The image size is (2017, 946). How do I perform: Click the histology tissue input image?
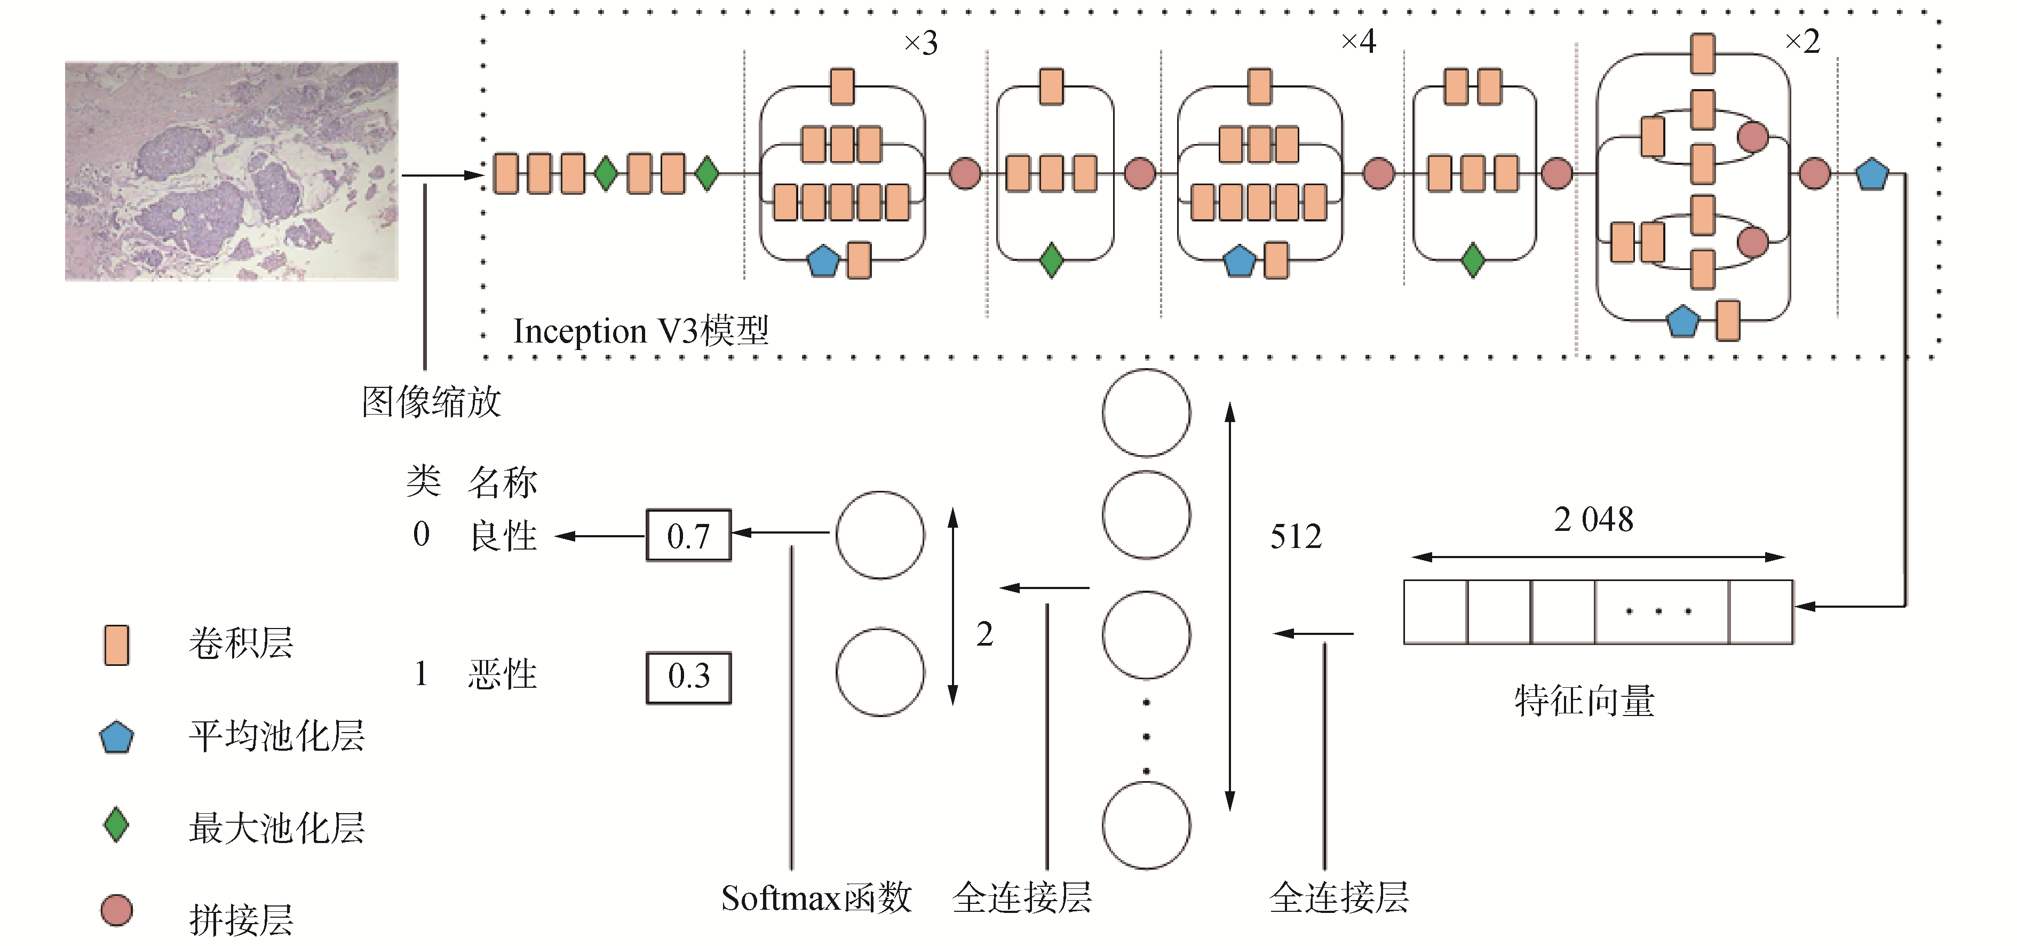click(x=232, y=171)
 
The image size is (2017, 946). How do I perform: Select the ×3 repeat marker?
click(x=921, y=43)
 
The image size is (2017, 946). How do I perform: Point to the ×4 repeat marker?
click(x=1359, y=42)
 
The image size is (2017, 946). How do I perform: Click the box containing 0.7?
click(x=688, y=536)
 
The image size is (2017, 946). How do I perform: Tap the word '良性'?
click(x=504, y=536)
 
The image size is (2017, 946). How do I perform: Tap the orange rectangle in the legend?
click(x=117, y=645)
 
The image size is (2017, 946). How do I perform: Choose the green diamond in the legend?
click(x=117, y=825)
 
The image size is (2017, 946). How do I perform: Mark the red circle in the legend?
click(x=117, y=911)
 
